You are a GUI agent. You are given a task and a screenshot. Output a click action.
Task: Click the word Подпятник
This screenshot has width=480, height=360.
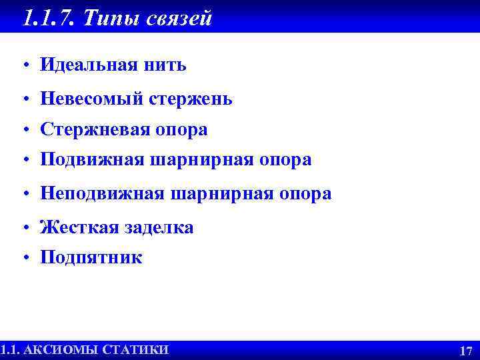tap(91, 258)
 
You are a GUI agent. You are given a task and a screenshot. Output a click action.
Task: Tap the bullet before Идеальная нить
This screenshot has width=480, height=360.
tap(23, 66)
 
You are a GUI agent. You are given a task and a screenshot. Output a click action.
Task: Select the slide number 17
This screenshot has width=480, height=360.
tap(466, 351)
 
